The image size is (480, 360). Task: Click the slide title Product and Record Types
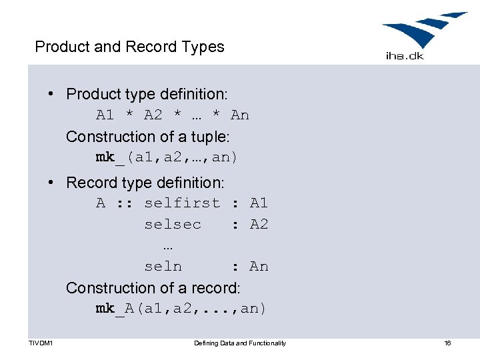click(129, 47)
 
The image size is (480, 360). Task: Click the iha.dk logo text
click(405, 56)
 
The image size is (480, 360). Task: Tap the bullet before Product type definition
click(51, 94)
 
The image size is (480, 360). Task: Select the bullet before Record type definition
click(51, 182)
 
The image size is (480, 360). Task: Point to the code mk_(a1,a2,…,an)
click(167, 158)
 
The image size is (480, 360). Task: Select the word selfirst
click(182, 203)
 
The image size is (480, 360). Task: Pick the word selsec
click(173, 224)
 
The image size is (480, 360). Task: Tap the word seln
click(163, 266)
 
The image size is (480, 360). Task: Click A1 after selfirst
click(259, 203)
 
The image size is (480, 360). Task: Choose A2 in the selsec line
click(259, 224)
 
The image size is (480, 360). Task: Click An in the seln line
click(259, 266)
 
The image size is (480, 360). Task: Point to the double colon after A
click(125, 203)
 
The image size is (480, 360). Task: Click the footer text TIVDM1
click(41, 343)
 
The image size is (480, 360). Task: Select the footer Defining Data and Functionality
click(240, 343)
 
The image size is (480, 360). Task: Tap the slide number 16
click(447, 343)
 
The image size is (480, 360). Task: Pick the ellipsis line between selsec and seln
click(167, 245)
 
